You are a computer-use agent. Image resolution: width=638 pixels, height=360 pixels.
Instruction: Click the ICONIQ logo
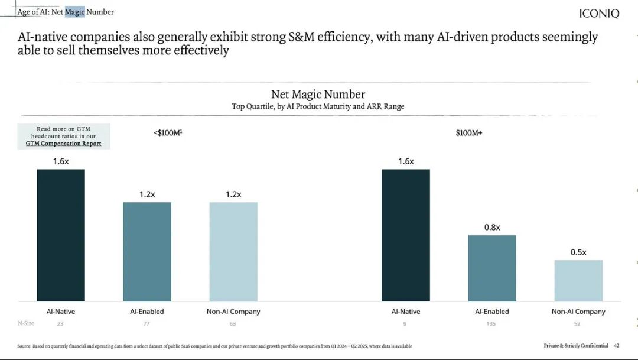pos(599,14)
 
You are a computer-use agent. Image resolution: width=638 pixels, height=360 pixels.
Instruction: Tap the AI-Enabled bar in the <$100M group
pos(147,252)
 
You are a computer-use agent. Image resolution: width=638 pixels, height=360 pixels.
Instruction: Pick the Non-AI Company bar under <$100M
pos(233,252)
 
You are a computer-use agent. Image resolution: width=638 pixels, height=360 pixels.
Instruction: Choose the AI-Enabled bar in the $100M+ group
pos(492,268)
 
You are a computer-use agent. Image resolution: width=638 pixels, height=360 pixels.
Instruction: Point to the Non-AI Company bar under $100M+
pos(578,281)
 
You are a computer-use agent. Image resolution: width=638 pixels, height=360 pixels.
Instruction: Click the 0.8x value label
pos(492,227)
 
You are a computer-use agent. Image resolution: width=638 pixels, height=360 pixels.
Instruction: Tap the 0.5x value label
pos(578,252)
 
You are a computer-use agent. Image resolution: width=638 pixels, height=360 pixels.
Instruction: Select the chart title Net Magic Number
pos(318,94)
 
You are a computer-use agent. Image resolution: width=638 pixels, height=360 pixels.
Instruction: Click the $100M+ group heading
pos(469,133)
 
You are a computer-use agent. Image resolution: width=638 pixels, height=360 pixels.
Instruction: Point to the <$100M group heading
pos(168,133)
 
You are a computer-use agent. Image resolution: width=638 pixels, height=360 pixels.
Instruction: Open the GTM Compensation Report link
pos(63,144)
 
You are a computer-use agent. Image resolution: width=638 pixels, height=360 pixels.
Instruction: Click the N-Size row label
pos(25,323)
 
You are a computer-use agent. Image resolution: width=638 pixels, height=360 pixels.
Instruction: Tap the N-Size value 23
pos(60,323)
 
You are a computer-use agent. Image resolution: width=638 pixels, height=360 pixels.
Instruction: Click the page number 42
pos(617,345)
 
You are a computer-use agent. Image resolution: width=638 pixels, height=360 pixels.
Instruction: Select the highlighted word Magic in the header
pos(75,12)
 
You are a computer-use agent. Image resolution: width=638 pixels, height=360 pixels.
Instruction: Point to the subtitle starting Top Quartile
pos(318,106)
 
